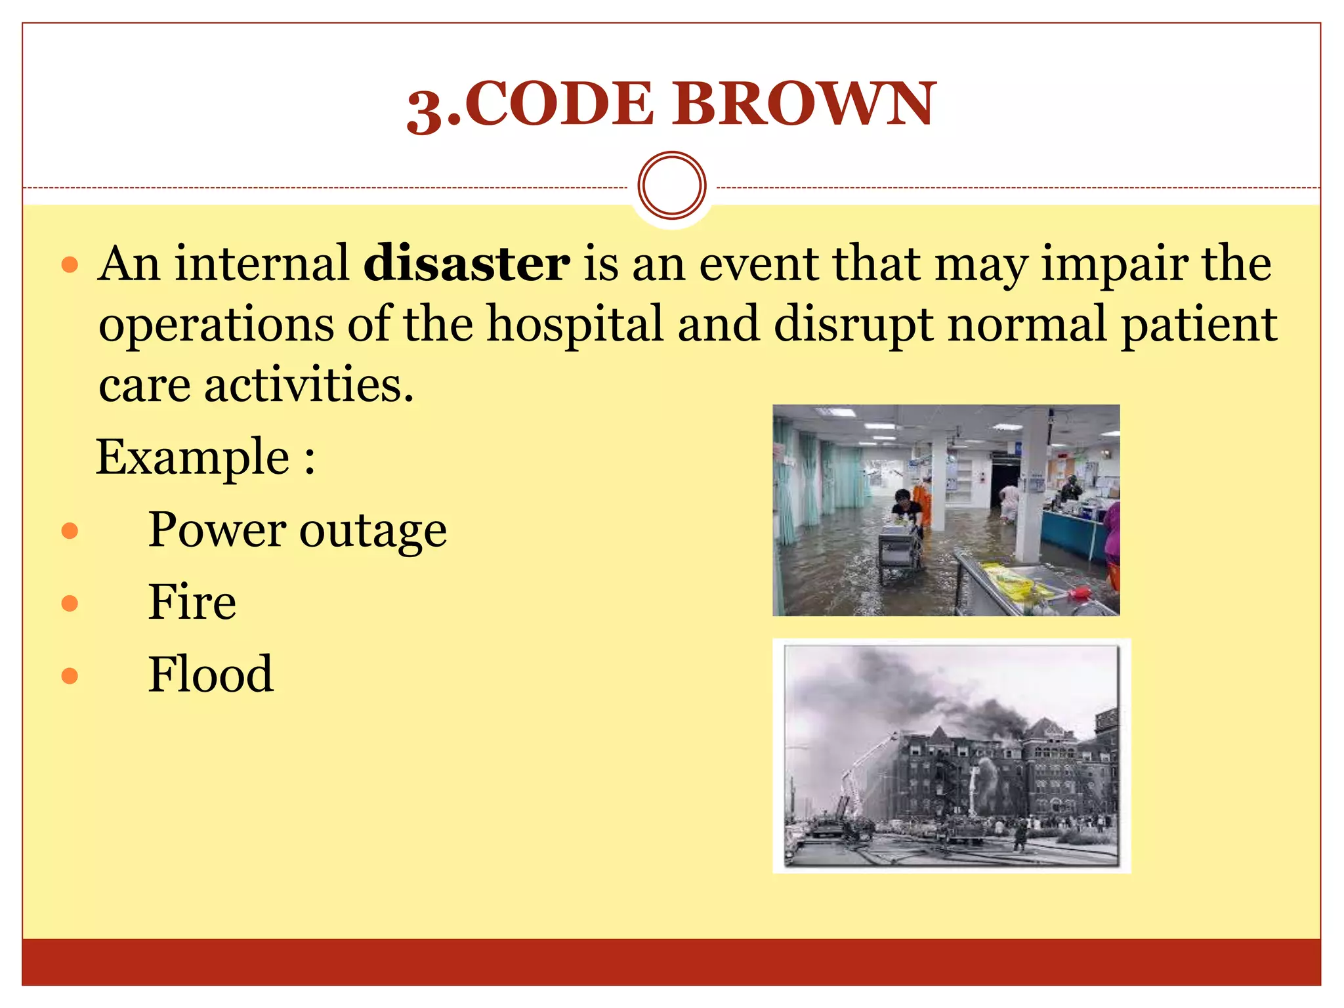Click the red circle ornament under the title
[671, 185]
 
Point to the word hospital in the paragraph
[575, 324]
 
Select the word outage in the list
[373, 531]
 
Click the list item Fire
[192, 602]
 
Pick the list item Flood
[210, 675]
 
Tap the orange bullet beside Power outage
[70, 530]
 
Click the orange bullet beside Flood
[70, 675]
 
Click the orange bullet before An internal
[70, 265]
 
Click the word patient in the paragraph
[1198, 325]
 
